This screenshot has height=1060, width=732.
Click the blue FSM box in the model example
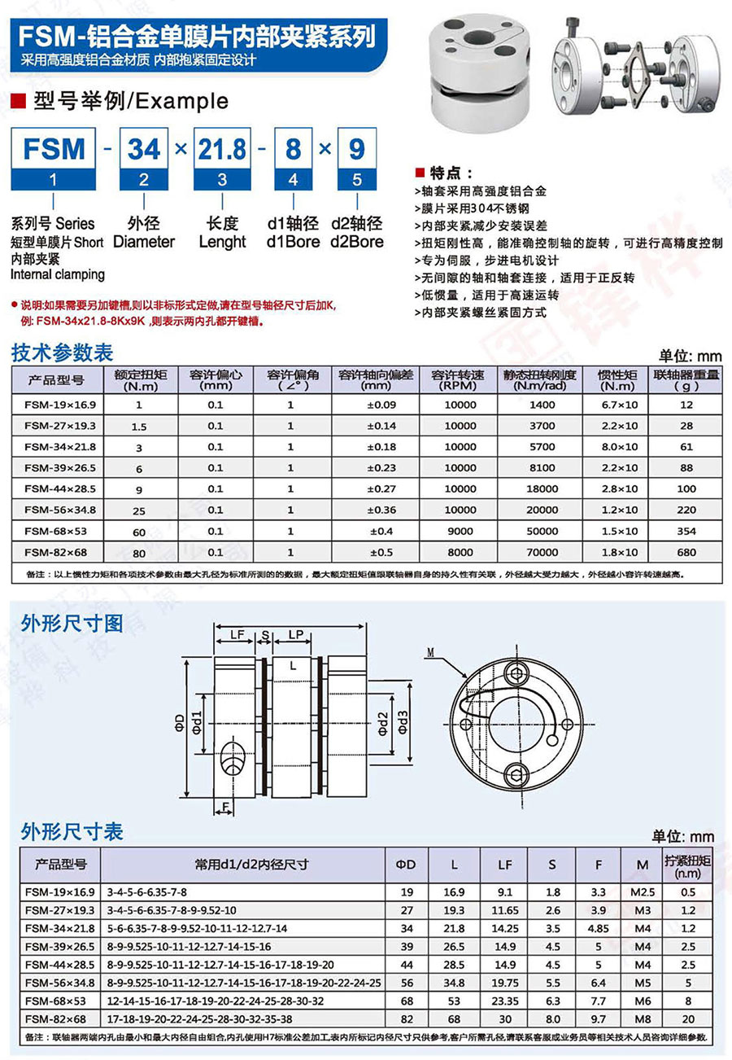tap(54, 150)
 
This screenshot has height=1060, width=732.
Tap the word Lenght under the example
tap(223, 242)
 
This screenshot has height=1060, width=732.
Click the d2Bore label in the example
tap(356, 242)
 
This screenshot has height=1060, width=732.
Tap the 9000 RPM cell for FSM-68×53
tap(460, 532)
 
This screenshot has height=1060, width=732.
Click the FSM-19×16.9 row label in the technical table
tap(60, 405)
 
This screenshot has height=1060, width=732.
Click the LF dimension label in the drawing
tap(237, 633)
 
